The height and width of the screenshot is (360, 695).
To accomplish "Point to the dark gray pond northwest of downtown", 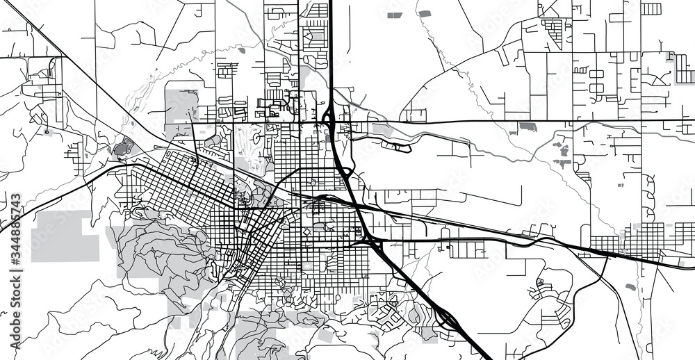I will (x=124, y=147).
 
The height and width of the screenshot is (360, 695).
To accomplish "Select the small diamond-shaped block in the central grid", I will (x=306, y=231).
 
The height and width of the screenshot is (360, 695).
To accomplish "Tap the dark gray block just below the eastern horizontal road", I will (x=528, y=128).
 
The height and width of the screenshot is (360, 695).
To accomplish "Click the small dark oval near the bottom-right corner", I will (x=630, y=286).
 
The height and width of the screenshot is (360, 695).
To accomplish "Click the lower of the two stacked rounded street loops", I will (x=651, y=208).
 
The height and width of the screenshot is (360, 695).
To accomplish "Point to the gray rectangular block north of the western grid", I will (x=181, y=104).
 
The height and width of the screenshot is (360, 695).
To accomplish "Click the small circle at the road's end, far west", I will (x=47, y=131).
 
